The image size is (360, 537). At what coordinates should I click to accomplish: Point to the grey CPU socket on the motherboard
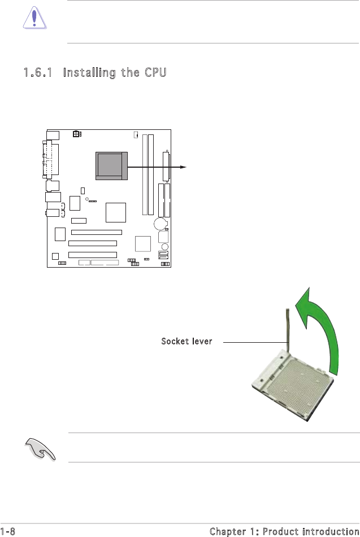coord(110,165)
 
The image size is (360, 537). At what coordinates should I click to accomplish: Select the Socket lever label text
coord(186,342)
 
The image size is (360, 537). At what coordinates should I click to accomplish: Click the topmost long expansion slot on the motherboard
coord(97,232)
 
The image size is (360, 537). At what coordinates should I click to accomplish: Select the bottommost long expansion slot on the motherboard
coord(93,255)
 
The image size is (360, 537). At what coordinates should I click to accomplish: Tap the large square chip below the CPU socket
coord(115,212)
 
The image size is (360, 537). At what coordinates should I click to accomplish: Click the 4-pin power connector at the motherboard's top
coord(77,134)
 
